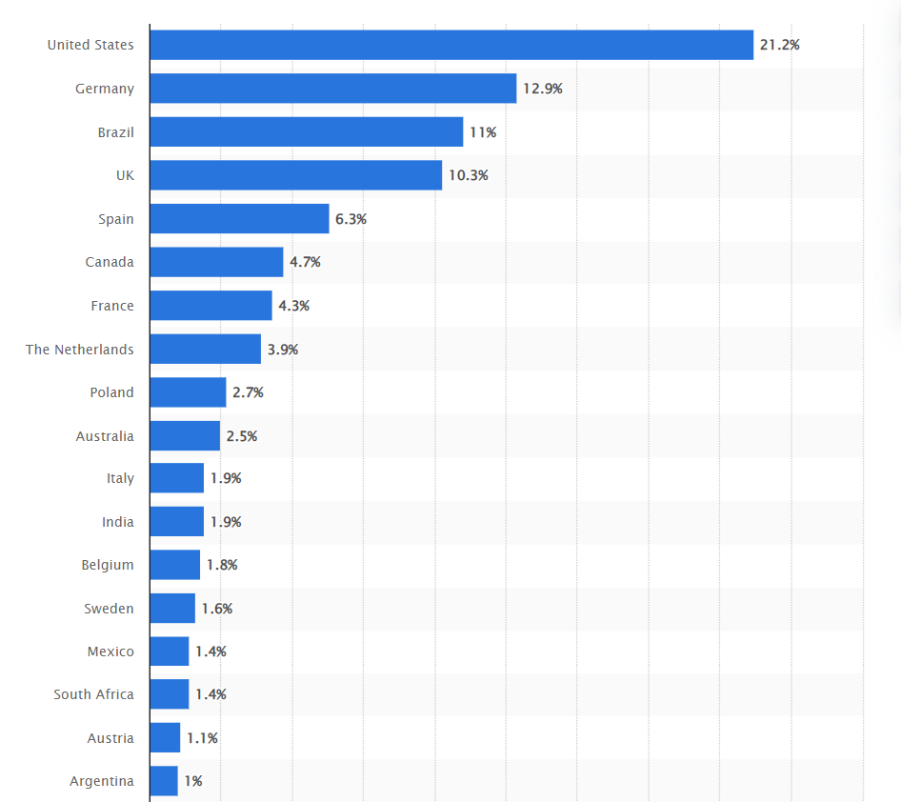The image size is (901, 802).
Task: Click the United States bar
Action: (x=451, y=45)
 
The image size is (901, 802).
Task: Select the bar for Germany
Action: (x=333, y=89)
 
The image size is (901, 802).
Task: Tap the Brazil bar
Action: (x=307, y=131)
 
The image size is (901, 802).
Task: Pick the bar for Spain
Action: (x=239, y=218)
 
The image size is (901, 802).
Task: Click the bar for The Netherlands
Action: (x=205, y=349)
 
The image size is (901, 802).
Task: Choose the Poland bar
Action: (x=188, y=392)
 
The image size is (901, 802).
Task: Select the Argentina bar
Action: (x=164, y=781)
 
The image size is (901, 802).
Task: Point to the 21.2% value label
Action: (x=779, y=45)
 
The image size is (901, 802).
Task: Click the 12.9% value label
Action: (x=542, y=89)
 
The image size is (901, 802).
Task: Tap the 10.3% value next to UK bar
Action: (x=468, y=175)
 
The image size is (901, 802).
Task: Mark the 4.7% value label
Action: (x=305, y=262)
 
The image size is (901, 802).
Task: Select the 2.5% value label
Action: (x=241, y=435)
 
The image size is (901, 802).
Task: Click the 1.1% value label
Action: (x=202, y=737)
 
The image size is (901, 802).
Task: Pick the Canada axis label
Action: (x=110, y=262)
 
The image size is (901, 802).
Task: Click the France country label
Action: (x=112, y=306)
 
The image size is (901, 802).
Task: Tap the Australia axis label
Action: (x=105, y=435)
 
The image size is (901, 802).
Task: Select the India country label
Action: (x=118, y=522)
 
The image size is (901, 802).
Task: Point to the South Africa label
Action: (x=93, y=694)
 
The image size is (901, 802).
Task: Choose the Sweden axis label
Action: (x=109, y=608)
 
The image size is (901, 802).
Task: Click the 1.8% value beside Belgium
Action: (x=222, y=565)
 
